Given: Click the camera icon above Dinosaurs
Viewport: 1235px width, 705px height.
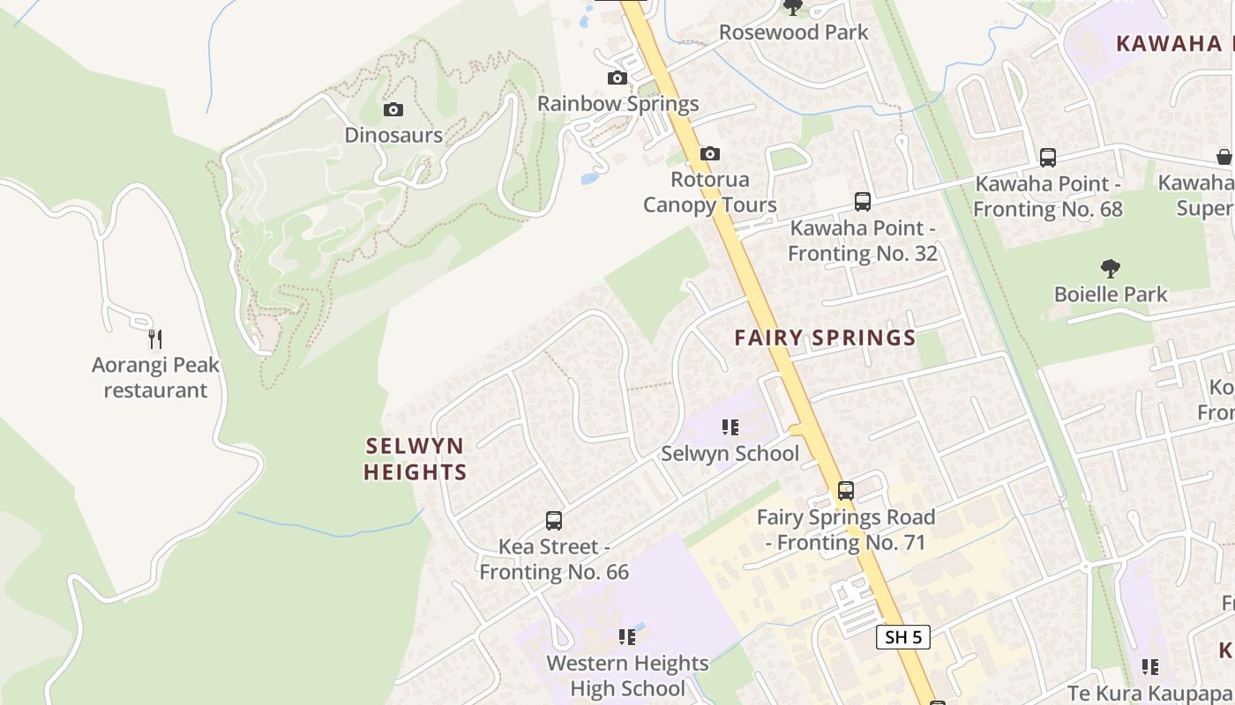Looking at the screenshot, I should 393,110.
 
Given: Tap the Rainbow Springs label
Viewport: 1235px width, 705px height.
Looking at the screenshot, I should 617,104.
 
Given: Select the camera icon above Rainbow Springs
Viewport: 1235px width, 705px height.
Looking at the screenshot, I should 617,78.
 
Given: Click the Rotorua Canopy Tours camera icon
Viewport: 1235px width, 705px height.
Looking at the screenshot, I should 710,154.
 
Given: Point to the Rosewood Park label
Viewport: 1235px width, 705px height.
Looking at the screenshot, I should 793,33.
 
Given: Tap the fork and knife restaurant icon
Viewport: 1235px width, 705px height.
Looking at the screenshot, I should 155,338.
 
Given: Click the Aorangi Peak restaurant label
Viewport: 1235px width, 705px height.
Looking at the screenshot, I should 155,377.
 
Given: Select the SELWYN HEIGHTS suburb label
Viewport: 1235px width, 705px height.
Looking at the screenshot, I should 415,458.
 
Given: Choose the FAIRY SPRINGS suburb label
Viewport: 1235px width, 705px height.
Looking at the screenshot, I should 825,338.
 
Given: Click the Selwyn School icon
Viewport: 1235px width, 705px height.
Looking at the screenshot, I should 730,428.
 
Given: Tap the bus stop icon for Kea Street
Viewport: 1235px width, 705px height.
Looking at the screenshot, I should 554,521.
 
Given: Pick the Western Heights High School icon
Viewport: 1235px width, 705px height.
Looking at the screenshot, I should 627,637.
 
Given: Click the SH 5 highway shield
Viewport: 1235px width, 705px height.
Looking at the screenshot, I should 903,636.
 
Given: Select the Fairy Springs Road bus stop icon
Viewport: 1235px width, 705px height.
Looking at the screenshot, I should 845,491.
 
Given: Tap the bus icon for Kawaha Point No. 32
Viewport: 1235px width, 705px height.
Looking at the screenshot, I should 863,202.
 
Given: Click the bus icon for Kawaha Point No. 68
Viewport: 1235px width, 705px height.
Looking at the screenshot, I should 1048,158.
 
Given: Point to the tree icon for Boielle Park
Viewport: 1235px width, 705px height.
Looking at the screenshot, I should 1111,269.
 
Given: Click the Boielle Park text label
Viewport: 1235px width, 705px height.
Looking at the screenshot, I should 1111,294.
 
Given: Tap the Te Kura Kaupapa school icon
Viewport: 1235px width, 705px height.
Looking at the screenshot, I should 1150,667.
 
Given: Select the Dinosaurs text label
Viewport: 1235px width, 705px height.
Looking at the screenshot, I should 393,135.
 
